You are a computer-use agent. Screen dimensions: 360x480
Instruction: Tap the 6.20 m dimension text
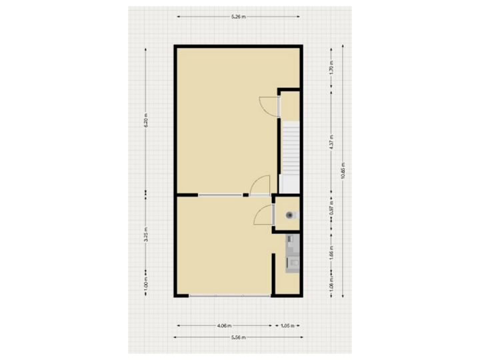coord(145,123)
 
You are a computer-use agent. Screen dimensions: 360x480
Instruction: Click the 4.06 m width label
coord(224,326)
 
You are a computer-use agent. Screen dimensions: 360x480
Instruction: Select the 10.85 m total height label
coord(343,171)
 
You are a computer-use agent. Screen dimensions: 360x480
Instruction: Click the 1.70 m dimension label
coord(331,67)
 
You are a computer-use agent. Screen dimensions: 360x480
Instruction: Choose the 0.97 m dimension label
coord(331,213)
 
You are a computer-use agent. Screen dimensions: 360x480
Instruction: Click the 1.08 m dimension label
coord(331,284)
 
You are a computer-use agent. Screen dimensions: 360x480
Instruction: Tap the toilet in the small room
coord(289,215)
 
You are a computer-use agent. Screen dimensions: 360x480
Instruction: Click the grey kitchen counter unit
coord(292,255)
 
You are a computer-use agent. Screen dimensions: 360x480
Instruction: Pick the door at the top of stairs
coord(269,104)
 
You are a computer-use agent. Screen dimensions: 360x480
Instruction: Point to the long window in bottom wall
coord(229,295)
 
